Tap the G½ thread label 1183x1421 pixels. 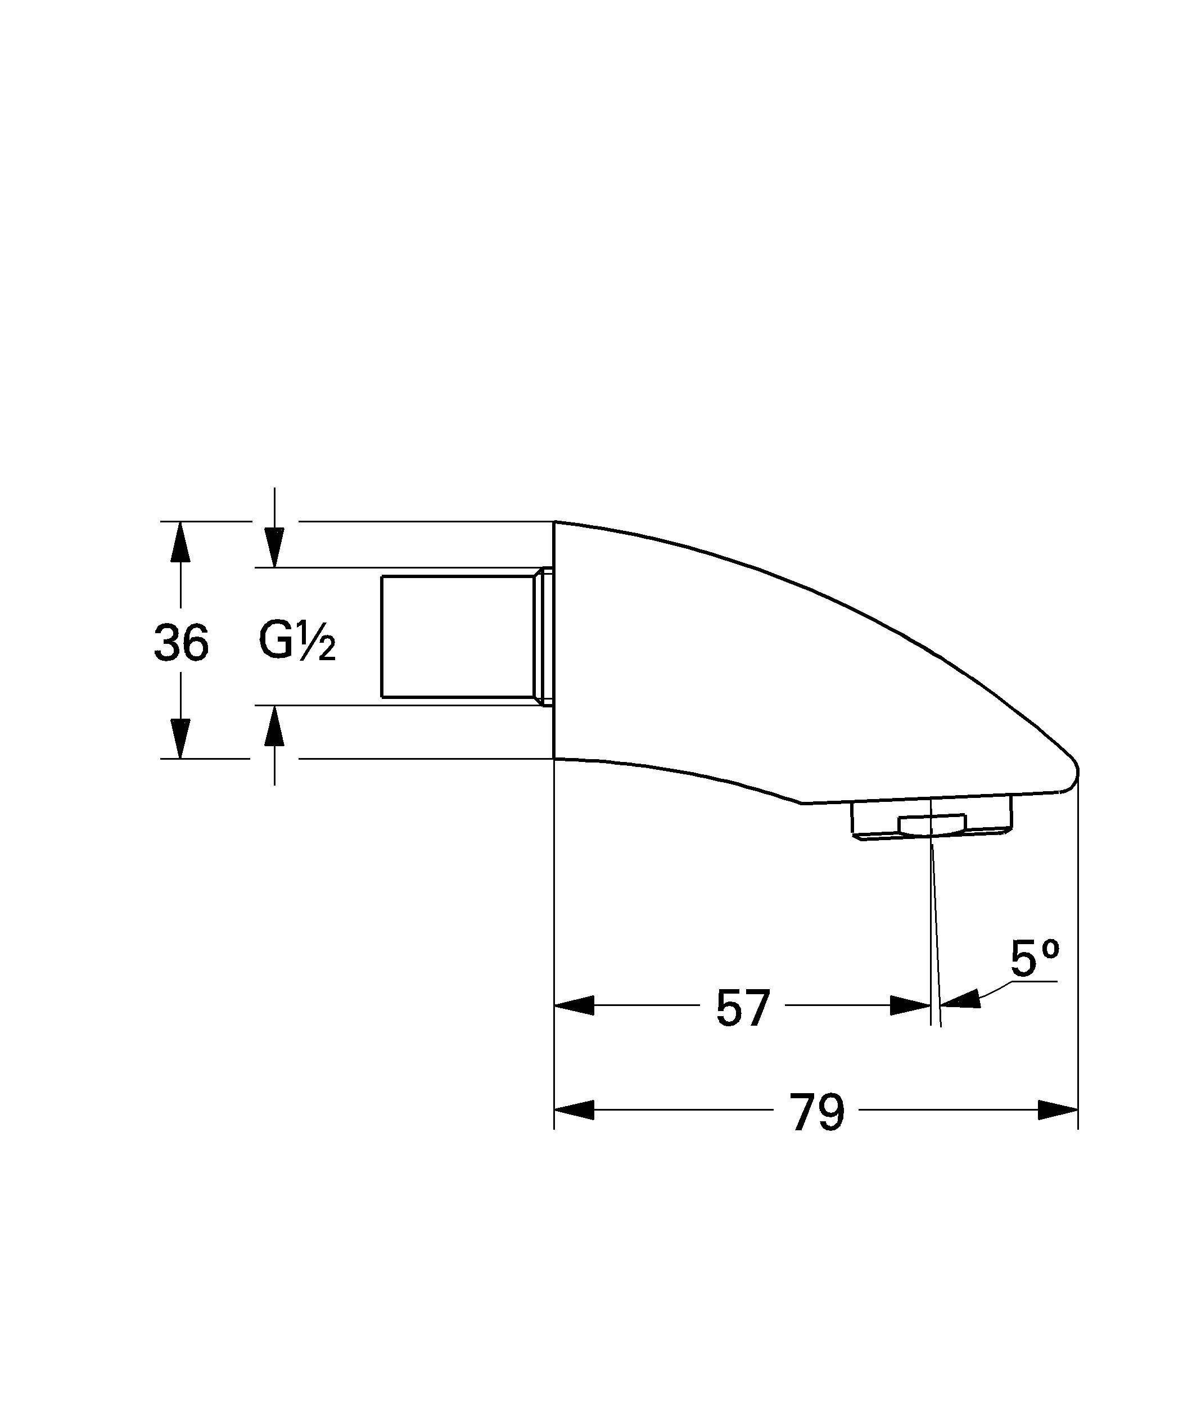pos(296,641)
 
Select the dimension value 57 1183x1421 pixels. pos(742,1008)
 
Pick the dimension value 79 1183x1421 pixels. pos(817,1112)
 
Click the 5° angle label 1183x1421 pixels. pos(1034,959)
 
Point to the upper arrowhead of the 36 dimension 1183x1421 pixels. pos(180,542)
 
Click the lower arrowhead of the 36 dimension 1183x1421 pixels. pos(180,739)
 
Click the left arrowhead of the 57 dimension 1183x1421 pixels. pos(574,1005)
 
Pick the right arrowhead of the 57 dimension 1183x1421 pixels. pos(911,1005)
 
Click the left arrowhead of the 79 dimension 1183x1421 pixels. pos(574,1109)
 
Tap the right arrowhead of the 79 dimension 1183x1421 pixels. pos(1058,1109)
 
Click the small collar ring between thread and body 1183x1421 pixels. pos(545,636)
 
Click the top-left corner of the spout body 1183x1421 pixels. pos(555,522)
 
